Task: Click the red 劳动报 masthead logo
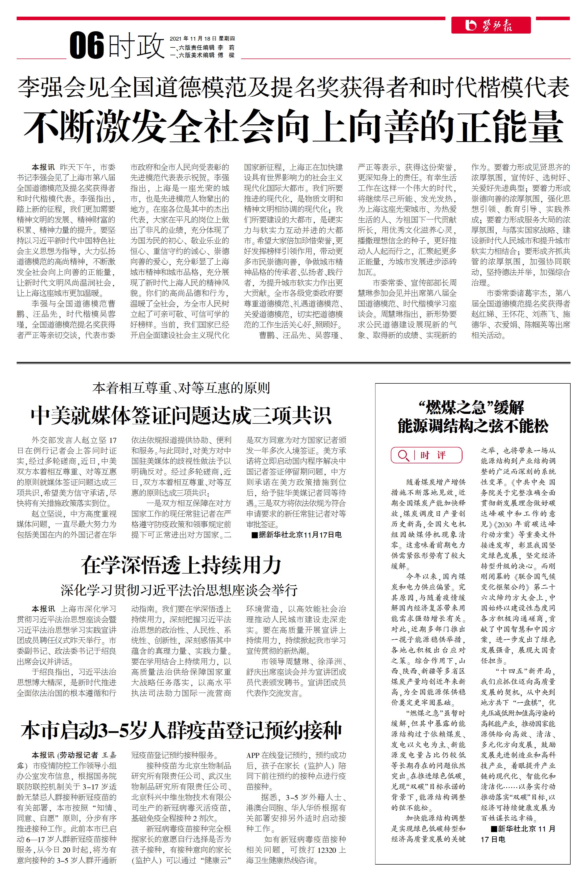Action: pyautogui.click(x=490, y=25)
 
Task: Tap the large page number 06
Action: pyautogui.click(x=87, y=46)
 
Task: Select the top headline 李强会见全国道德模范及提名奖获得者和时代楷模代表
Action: pyautogui.click(x=293, y=87)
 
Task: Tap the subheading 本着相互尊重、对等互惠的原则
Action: pyautogui.click(x=181, y=388)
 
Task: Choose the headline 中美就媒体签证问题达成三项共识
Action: pyautogui.click(x=181, y=415)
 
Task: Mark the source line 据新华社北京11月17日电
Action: pyautogui.click(x=297, y=535)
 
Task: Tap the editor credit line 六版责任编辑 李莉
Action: pyautogui.click(x=202, y=47)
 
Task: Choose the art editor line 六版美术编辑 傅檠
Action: pyautogui.click(x=202, y=55)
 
